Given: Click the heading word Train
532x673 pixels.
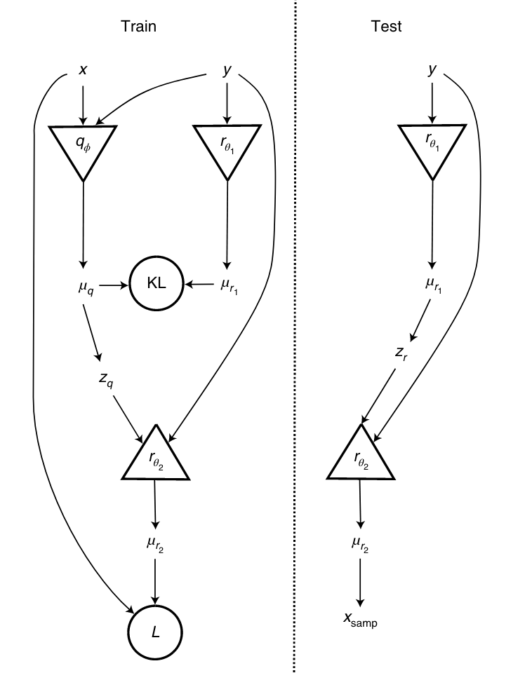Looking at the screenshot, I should [x=138, y=27].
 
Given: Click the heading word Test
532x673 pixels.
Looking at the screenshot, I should [x=386, y=27].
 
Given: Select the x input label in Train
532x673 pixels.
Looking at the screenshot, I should [x=83, y=70].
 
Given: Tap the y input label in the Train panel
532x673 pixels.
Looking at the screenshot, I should [x=226, y=70].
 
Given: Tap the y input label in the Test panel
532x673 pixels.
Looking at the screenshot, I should [x=431, y=70].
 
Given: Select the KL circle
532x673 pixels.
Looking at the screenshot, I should [x=156, y=285].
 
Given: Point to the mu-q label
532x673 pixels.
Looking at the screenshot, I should [x=84, y=286].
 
